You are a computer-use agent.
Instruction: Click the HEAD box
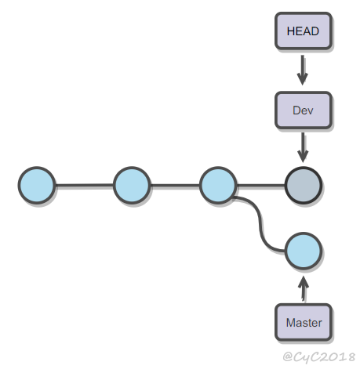[304, 31]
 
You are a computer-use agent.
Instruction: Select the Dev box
[304, 110]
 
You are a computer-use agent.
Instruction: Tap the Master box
[304, 322]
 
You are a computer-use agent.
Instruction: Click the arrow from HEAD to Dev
[303, 70]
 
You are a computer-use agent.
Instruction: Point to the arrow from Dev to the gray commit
[303, 147]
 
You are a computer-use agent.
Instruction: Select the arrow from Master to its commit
[304, 288]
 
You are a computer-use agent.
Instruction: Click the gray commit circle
[304, 185]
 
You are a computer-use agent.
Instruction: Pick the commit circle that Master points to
[304, 251]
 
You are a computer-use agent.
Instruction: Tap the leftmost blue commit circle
[37, 185]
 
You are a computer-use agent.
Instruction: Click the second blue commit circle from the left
[132, 185]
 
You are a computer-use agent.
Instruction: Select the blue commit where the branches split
[218, 185]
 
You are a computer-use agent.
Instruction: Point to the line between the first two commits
[85, 185]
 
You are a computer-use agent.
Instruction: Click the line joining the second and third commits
[175, 185]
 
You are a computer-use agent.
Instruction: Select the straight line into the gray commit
[260, 185]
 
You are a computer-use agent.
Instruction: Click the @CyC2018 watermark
[319, 356]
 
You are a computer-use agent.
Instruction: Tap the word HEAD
[303, 31]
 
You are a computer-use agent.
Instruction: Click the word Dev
[303, 110]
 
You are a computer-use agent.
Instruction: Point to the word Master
[304, 323]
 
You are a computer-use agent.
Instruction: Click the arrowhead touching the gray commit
[303, 156]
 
